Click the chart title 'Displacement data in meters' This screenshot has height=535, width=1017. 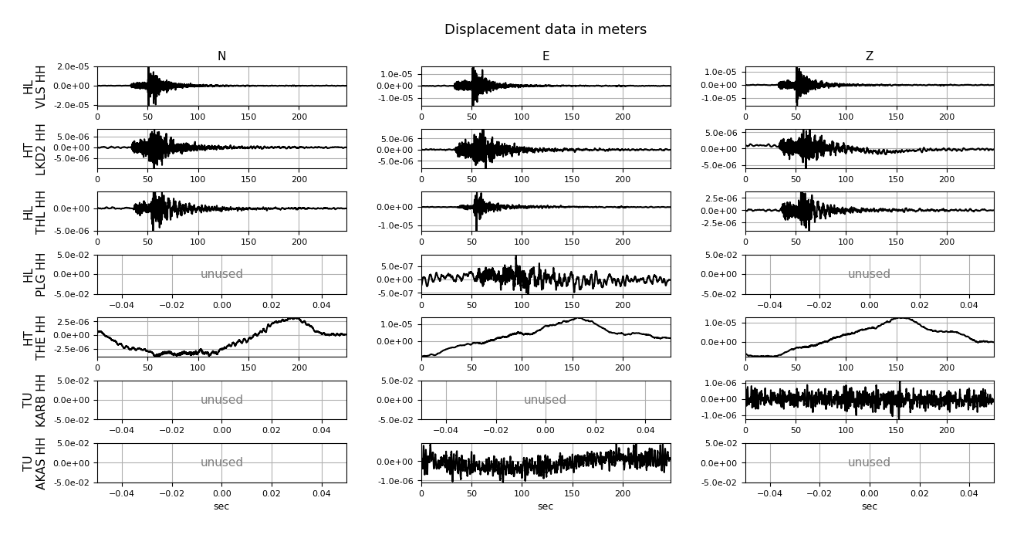(545, 30)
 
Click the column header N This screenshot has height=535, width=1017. (221, 56)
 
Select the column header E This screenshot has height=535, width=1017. (546, 56)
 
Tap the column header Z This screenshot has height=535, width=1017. (869, 56)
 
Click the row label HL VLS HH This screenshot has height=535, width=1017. (35, 86)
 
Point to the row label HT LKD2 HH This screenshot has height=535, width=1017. (35, 149)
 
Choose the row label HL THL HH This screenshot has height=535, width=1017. (35, 212)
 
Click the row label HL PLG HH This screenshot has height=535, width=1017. (35, 274)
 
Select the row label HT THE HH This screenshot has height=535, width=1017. (35, 337)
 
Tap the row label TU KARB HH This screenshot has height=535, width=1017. (35, 400)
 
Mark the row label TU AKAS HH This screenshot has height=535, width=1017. (35, 462)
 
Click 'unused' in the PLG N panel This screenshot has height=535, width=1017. (221, 274)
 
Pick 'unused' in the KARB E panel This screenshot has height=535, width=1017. (546, 400)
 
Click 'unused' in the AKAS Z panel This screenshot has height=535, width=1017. (869, 462)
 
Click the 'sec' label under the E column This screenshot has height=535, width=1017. (546, 506)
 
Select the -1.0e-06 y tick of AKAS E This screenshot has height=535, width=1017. (397, 480)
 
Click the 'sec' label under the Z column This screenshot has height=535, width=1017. (869, 506)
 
